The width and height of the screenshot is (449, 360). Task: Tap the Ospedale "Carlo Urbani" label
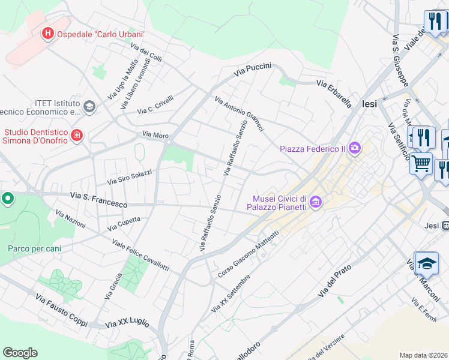coord(101,35)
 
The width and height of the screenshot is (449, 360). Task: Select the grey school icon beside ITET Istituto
coord(89,107)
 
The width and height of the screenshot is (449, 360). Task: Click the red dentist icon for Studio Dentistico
coord(76,136)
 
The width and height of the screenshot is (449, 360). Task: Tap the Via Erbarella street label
coord(334,94)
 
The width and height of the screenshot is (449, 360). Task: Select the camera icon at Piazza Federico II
coord(355,148)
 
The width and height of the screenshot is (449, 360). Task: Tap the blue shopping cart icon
coord(421,163)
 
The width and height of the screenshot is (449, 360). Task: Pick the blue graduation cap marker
coord(426,263)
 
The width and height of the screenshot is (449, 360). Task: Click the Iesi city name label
coord(370,104)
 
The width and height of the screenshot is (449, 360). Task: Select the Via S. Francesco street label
coord(98,200)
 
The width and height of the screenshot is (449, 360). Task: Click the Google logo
coord(20,353)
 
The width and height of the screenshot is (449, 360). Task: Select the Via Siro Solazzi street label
coord(130,176)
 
